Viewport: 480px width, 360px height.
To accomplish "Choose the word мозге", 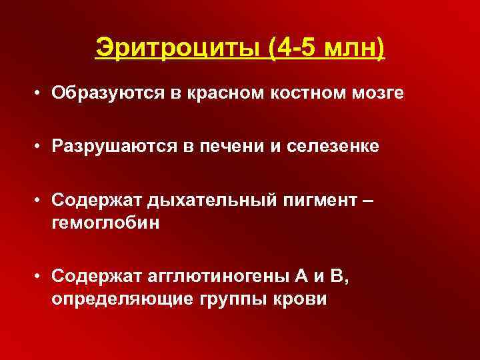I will point(381,93).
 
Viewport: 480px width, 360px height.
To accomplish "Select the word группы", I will point(231,298).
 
